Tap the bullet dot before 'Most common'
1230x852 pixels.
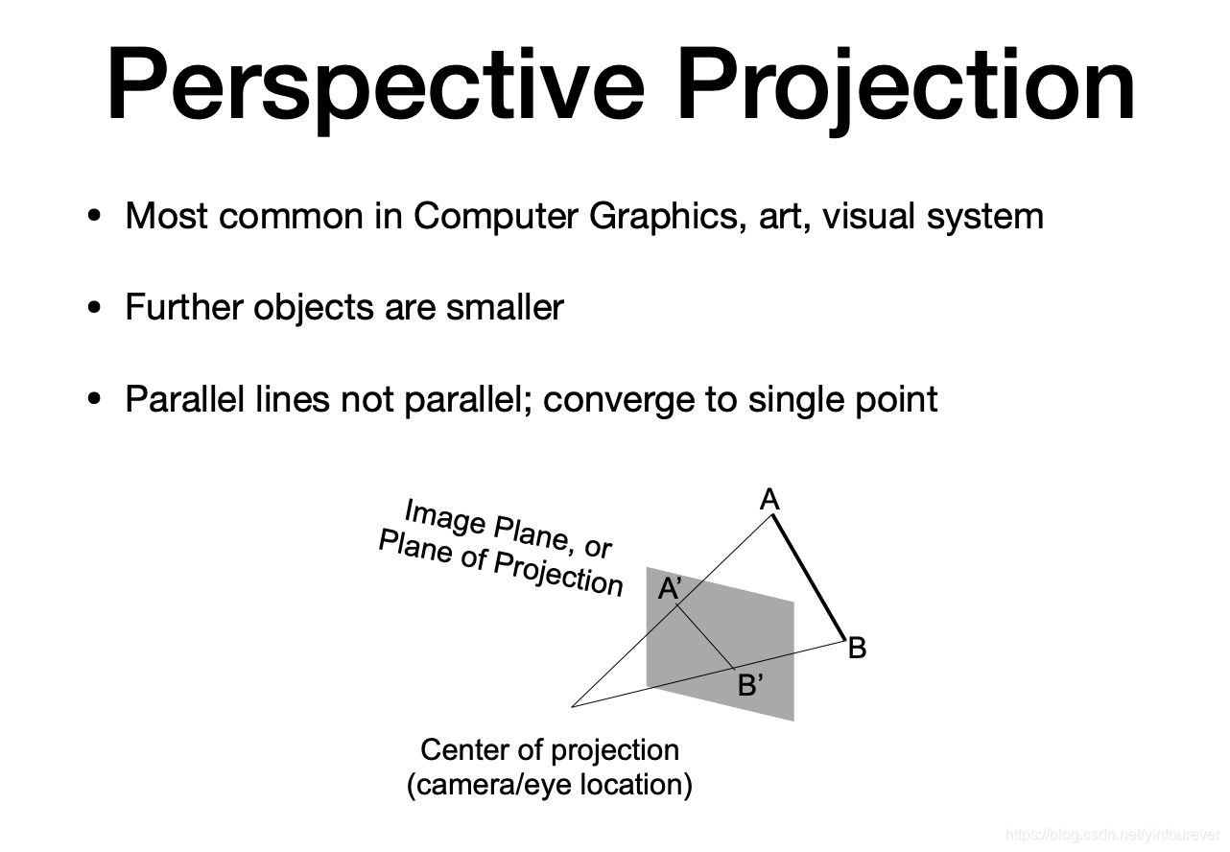tap(93, 216)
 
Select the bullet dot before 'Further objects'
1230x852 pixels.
tap(93, 308)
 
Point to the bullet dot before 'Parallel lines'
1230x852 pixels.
tap(93, 398)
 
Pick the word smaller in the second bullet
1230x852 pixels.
tap(505, 308)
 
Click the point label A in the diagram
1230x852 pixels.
tap(769, 499)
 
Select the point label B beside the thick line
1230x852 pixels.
tap(858, 649)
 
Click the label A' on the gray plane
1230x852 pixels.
tap(669, 589)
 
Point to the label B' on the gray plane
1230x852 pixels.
tap(750, 685)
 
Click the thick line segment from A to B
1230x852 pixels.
tap(809, 579)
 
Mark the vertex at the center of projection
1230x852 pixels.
tap(573, 706)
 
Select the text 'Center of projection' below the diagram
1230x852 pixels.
tap(550, 749)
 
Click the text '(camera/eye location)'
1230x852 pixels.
tap(550, 784)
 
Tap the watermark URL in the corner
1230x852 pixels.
tap(1113, 835)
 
